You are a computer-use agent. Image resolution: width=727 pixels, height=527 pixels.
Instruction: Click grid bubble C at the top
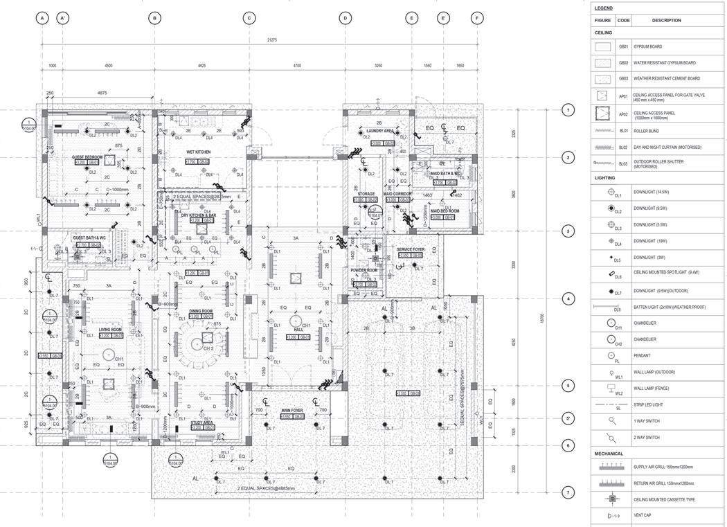249,18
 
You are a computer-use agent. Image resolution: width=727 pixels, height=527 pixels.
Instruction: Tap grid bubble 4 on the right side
568,299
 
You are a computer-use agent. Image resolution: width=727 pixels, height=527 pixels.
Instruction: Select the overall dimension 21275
272,40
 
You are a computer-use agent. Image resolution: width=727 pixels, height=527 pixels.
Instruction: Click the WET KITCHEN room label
199,152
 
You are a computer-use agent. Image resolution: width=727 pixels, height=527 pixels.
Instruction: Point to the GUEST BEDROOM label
87,157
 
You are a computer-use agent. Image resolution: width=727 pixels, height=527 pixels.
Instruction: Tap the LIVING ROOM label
110,330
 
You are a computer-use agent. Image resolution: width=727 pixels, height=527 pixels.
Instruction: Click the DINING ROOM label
201,311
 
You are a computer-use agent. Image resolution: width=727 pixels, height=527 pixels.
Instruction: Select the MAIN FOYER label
291,411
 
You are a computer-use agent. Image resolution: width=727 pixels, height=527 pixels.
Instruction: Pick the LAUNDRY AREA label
380,131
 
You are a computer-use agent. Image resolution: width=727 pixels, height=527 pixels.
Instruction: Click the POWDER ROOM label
363,271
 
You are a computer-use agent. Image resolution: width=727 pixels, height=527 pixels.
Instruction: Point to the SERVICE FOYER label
411,249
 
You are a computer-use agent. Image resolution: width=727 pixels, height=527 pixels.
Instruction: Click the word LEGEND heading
604,8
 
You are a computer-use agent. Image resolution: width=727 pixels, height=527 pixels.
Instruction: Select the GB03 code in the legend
624,79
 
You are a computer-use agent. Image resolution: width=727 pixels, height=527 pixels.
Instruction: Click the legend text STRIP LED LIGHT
648,404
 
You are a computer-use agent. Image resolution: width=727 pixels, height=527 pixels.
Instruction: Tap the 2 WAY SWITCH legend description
647,438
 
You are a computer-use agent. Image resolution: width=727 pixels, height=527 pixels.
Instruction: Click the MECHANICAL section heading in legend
609,454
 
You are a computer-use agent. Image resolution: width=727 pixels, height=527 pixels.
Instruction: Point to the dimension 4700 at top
297,65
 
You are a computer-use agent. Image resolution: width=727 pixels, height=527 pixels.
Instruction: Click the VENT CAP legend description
643,516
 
